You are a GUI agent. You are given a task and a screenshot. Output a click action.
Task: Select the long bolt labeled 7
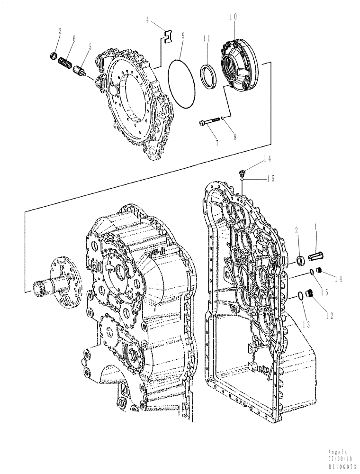(208, 123)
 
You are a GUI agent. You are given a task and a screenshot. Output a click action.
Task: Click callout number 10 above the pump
(233, 17)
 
